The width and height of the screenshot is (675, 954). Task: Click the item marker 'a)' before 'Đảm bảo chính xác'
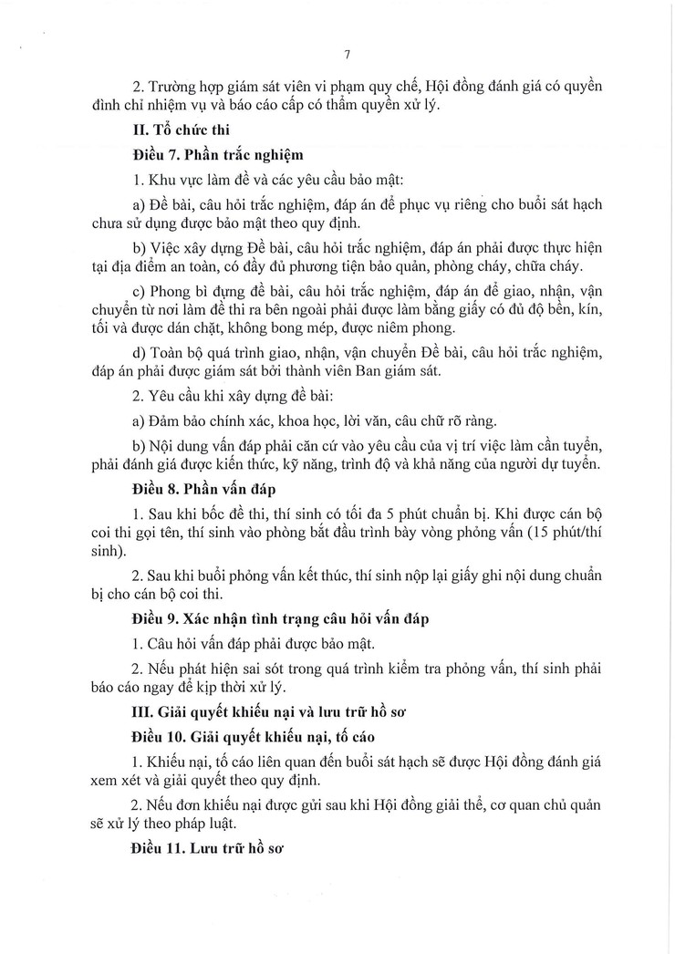(139, 423)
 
